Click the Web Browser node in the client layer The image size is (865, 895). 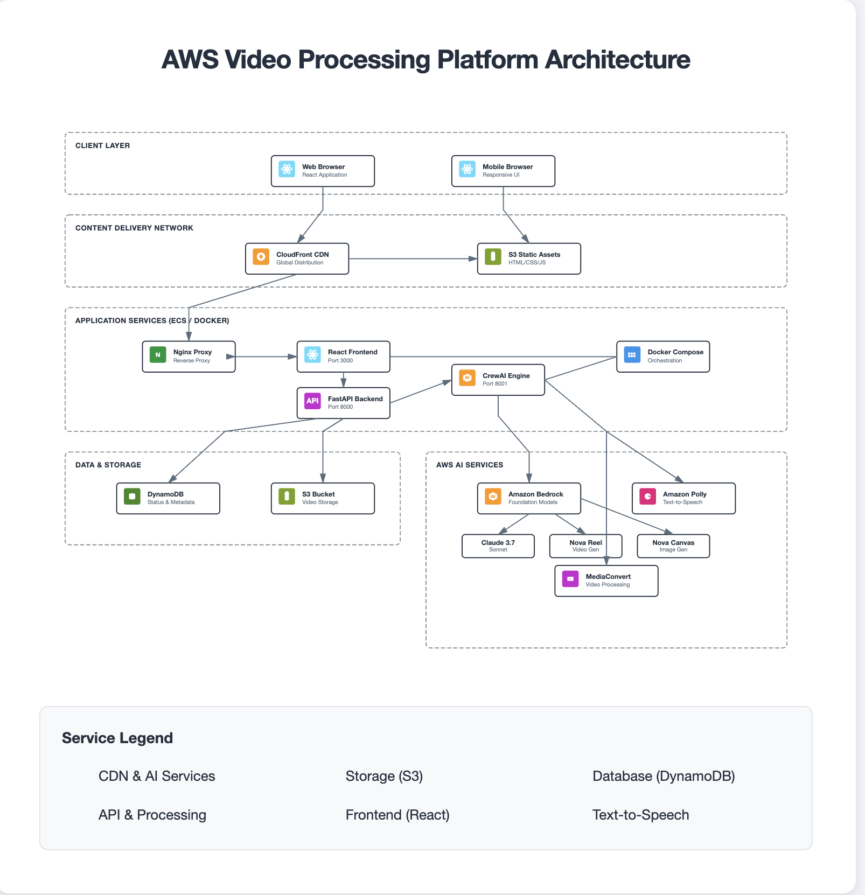pyautogui.click(x=323, y=171)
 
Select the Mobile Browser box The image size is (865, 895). pyautogui.click(x=503, y=171)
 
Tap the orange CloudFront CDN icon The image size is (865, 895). pyautogui.click(x=261, y=257)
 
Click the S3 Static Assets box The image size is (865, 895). pyautogui.click(x=529, y=259)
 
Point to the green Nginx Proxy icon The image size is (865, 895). pyautogui.click(x=158, y=355)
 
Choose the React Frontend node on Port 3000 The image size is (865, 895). pyautogui.click(x=343, y=356)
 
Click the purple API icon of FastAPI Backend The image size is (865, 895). pyautogui.click(x=312, y=401)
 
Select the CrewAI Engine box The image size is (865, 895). pyautogui.click(x=498, y=380)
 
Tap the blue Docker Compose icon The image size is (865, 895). pyautogui.click(x=632, y=355)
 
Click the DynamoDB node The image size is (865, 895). pyautogui.click(x=168, y=499)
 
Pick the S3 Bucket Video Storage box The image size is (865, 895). pyautogui.click(x=323, y=499)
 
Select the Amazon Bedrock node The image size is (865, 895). pyautogui.click(x=529, y=499)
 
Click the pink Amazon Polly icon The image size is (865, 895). pyautogui.click(x=647, y=497)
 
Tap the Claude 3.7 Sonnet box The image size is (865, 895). pyautogui.click(x=498, y=546)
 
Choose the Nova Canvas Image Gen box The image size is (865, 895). pyautogui.click(x=673, y=546)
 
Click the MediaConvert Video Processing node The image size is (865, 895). pyautogui.click(x=606, y=581)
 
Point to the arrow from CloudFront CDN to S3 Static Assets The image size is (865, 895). pyautogui.click(x=412, y=259)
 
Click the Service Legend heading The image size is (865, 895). pyautogui.click(x=117, y=738)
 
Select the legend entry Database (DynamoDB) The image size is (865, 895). pyautogui.click(x=664, y=777)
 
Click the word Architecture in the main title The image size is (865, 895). pyautogui.click(x=617, y=60)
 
